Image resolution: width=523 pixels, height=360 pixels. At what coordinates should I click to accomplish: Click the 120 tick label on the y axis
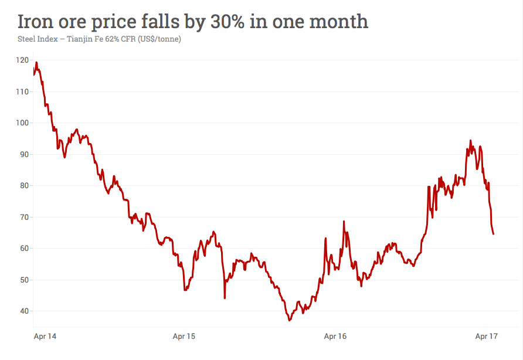(x=22, y=60)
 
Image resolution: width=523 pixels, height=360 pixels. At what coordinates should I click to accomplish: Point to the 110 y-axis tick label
(x=22, y=91)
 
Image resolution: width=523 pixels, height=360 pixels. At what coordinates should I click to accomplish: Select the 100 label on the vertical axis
(x=22, y=123)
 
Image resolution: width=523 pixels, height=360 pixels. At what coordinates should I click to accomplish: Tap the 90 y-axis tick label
(x=24, y=154)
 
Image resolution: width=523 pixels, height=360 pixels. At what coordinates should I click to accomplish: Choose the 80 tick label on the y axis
(x=24, y=185)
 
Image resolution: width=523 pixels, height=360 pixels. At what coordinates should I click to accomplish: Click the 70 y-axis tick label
(x=24, y=217)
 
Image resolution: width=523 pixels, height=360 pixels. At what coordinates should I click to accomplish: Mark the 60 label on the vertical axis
(x=24, y=248)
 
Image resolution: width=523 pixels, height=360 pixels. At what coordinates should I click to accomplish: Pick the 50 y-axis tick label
(x=24, y=280)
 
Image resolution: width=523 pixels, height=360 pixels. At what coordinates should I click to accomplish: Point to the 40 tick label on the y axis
(x=24, y=311)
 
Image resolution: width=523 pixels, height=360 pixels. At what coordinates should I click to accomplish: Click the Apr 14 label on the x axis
(x=45, y=336)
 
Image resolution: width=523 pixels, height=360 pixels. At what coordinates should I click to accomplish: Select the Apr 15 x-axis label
(x=184, y=336)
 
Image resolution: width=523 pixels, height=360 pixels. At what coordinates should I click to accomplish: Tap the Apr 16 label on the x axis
(x=335, y=336)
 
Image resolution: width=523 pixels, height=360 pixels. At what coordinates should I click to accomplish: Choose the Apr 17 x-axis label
(x=486, y=336)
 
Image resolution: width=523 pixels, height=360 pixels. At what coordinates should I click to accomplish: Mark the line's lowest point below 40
(x=290, y=320)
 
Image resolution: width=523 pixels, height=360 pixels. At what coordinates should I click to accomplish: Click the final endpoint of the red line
(x=493, y=234)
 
